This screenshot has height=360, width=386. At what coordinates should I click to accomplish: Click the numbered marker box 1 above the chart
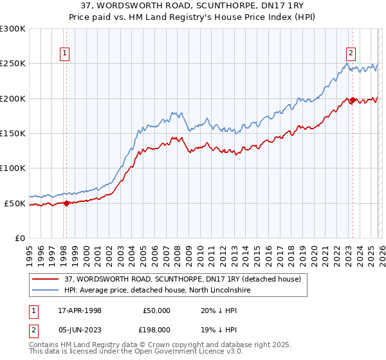(x=66, y=54)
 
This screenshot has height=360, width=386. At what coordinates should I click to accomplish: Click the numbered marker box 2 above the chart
(x=351, y=54)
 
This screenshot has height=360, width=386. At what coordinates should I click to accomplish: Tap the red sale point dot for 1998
(x=66, y=203)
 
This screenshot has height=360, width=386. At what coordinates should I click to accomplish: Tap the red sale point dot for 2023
(x=353, y=100)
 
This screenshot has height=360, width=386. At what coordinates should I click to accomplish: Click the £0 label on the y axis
(x=19, y=238)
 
